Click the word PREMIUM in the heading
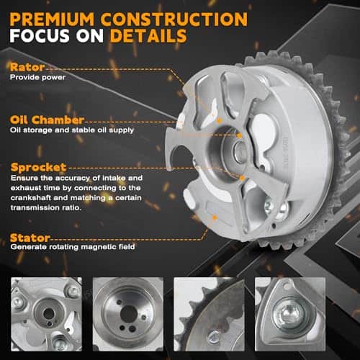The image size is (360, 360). tap(52, 19)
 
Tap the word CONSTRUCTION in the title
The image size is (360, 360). tap(174, 19)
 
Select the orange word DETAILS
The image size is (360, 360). tap(148, 36)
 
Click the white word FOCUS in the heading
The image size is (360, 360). tap(40, 36)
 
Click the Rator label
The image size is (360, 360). tap(27, 67)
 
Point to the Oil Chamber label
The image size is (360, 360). tap(47, 120)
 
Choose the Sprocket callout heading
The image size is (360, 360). tap(38, 167)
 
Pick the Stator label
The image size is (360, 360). tap(30, 238)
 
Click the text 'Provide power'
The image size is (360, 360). tap(37, 77)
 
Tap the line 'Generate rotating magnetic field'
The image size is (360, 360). tap(73, 247)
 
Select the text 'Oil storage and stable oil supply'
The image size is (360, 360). tap(72, 130)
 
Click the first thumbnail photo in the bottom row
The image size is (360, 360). tap(46, 314)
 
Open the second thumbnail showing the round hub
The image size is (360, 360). tap(128, 314)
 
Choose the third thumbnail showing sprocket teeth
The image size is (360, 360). tap(209, 314)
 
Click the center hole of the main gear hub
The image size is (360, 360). tap(239, 151)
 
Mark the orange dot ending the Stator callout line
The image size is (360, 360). tap(215, 217)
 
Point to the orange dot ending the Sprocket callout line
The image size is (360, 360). tap(242, 178)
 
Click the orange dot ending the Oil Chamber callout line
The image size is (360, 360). tap(239, 135)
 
